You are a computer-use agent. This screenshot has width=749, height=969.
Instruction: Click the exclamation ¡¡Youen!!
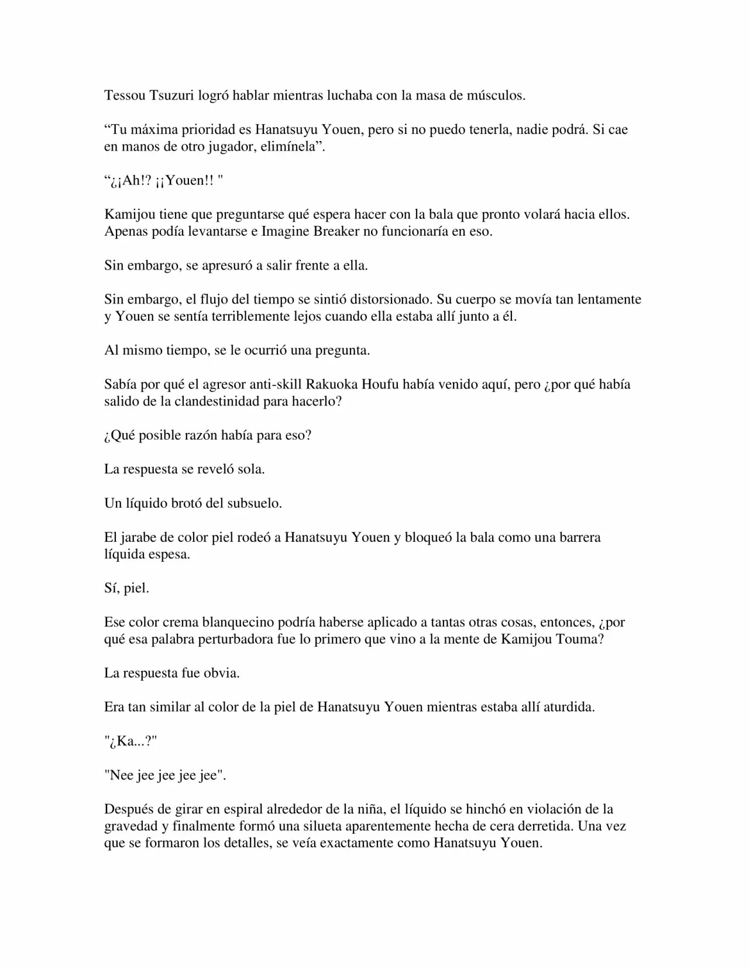pos(185,181)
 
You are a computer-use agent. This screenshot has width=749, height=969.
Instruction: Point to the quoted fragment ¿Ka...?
pos(130,742)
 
